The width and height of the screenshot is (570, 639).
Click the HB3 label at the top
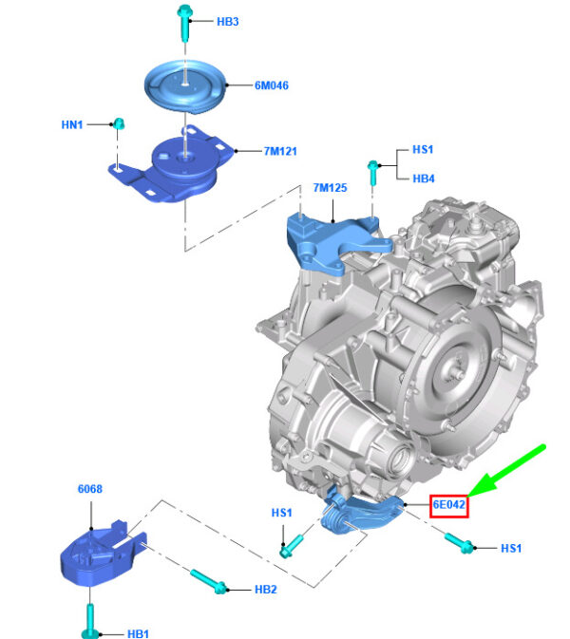pyautogui.click(x=227, y=21)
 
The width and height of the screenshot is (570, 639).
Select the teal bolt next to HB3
pyautogui.click(x=184, y=23)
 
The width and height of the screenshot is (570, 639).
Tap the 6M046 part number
pyautogui.click(x=272, y=85)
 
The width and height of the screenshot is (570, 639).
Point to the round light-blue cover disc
pyautogui.click(x=185, y=86)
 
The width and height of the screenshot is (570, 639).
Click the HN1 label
pyautogui.click(x=72, y=124)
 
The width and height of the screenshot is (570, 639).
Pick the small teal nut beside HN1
pyautogui.click(x=119, y=123)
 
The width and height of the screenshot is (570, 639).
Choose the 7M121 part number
pyautogui.click(x=280, y=151)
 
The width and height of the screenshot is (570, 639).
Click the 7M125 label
pyautogui.click(x=330, y=188)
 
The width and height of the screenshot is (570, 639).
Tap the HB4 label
pyautogui.click(x=424, y=179)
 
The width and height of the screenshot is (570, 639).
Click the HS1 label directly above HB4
pyautogui.click(x=423, y=150)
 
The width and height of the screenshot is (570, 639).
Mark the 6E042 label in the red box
pyautogui.click(x=449, y=505)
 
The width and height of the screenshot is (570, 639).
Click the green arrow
pyautogui.click(x=506, y=472)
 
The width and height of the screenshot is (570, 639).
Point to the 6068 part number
pyautogui.click(x=90, y=489)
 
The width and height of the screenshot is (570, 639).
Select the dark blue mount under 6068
pyautogui.click(x=103, y=553)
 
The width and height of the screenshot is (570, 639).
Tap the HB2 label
pyautogui.click(x=266, y=590)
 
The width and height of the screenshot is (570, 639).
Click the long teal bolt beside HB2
pyautogui.click(x=209, y=581)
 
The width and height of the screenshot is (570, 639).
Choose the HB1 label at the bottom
pyautogui.click(x=138, y=633)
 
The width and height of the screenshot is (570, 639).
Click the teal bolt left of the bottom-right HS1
pyautogui.click(x=459, y=543)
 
